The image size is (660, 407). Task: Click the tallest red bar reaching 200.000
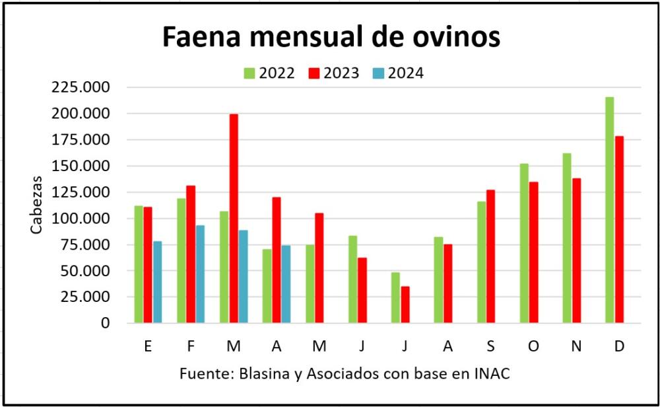click(234, 218)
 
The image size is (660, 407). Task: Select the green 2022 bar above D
click(609, 210)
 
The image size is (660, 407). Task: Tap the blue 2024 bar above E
click(157, 282)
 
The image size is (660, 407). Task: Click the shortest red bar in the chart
click(405, 305)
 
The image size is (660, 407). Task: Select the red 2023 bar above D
click(619, 229)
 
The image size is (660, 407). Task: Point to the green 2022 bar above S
click(481, 262)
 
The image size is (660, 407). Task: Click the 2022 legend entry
click(269, 73)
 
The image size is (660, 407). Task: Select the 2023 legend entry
click(333, 73)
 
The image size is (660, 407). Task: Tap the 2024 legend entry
click(398, 73)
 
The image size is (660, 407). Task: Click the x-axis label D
click(619, 346)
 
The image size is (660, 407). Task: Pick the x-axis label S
click(490, 346)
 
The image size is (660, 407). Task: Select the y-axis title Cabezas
click(38, 204)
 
